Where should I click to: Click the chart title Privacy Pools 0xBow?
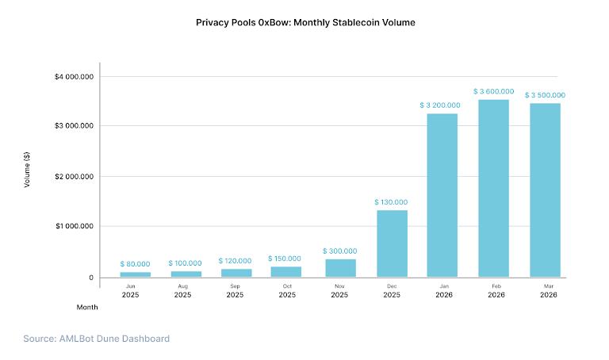(x=305, y=23)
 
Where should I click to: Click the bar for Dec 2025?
(x=392, y=243)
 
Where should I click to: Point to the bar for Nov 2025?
(x=339, y=268)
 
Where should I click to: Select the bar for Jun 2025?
(x=135, y=274)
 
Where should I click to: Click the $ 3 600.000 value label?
(x=493, y=92)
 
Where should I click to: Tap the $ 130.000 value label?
(x=391, y=202)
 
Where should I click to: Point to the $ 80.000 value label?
(x=135, y=263)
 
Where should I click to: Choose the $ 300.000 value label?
(x=339, y=251)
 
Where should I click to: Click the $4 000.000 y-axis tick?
(x=75, y=77)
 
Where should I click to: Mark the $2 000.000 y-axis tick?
(x=75, y=176)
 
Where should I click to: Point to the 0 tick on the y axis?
(x=92, y=278)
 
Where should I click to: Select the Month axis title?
(x=87, y=306)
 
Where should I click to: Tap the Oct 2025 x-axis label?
(x=287, y=290)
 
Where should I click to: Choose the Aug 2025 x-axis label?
(x=182, y=290)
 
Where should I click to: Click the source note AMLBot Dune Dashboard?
(x=96, y=339)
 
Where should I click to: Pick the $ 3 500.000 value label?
(x=545, y=95)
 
